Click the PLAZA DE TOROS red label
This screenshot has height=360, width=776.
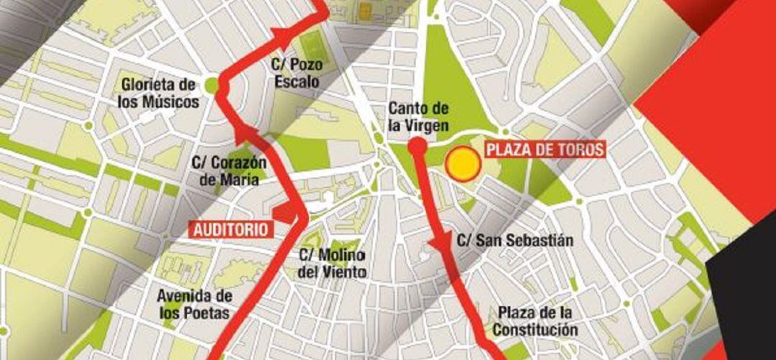545,150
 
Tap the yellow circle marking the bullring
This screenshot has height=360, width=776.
462,165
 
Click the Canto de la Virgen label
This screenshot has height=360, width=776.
419,117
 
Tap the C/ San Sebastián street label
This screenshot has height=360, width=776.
515,241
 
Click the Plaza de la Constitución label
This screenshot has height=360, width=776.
535,321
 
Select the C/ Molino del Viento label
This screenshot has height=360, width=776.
333,264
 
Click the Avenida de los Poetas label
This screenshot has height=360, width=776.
195,305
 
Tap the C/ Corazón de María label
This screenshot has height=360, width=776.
229,171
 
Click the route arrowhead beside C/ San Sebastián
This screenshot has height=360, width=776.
438,244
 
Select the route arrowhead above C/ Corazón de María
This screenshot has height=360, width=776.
246,131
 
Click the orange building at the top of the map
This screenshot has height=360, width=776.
365,11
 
